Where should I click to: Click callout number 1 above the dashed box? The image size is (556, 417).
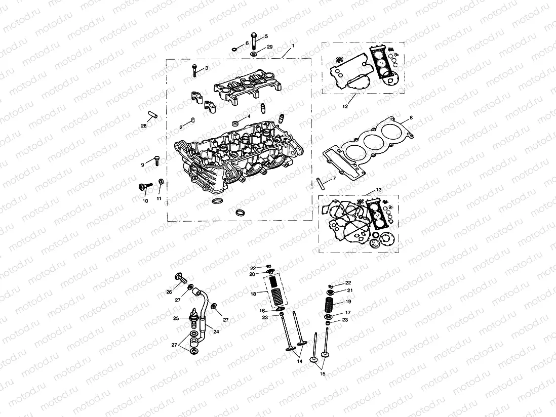[292, 46]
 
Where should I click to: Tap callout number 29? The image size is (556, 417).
[270, 47]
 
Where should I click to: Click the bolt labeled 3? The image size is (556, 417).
[194, 71]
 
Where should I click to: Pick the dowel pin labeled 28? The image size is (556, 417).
[153, 115]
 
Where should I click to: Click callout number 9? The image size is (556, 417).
[143, 164]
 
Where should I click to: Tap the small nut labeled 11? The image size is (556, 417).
[161, 182]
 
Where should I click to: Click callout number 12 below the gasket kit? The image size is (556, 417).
[345, 107]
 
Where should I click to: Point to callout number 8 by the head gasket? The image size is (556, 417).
[411, 117]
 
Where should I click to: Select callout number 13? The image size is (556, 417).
[379, 190]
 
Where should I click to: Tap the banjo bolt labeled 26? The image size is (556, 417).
[180, 276]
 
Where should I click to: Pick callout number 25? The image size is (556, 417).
[176, 318]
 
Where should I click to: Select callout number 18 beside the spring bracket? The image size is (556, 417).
[253, 294]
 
